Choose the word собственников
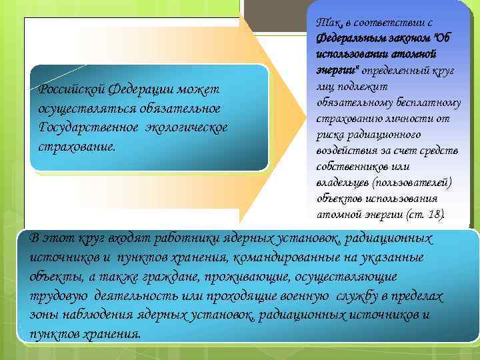(x=350, y=166)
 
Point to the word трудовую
(x=58, y=295)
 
